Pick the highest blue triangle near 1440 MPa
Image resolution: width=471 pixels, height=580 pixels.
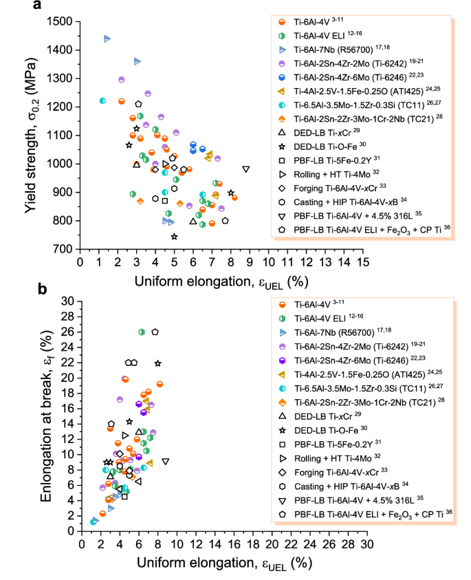click(107, 39)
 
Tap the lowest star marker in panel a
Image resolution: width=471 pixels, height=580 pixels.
click(175, 237)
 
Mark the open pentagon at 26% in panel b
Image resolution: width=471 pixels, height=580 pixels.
click(155, 332)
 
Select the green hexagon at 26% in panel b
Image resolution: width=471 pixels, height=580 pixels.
click(142, 332)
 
